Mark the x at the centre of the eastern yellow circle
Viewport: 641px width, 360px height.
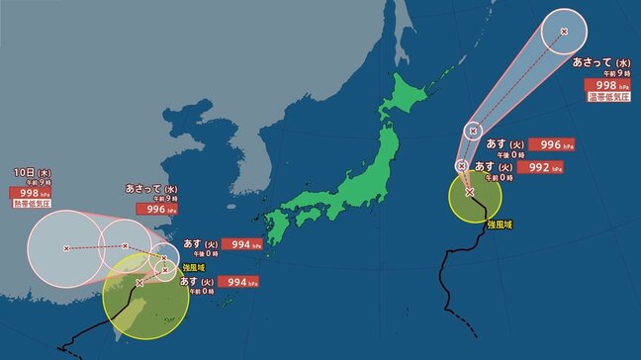point(469,192)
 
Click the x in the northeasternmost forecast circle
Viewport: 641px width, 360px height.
point(564,33)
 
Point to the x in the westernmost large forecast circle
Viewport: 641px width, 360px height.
point(67,248)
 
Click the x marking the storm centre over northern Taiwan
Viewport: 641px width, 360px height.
point(139,282)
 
